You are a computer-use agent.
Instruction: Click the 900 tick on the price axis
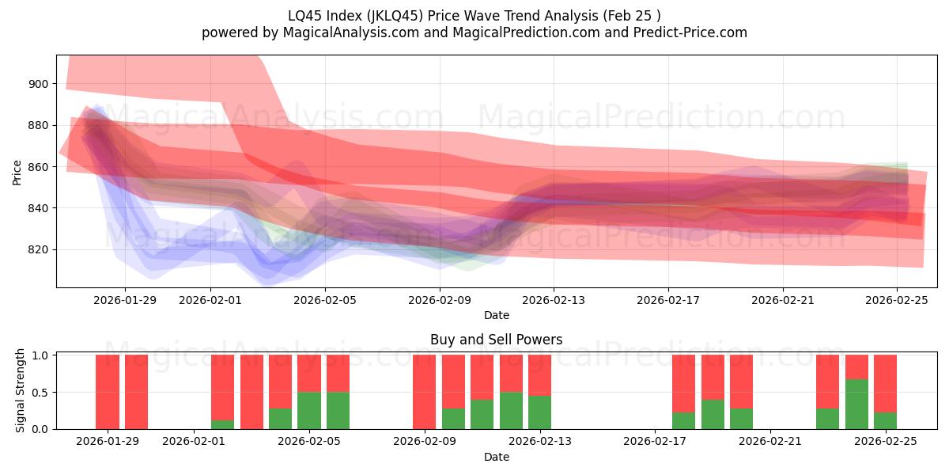coord(39,84)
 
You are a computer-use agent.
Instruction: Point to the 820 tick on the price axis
coord(39,250)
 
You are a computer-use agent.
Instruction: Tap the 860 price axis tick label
coord(39,167)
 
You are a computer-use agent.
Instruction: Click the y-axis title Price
coord(17,171)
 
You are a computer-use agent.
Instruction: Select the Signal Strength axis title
coord(21,390)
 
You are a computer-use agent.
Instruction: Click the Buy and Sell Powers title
coord(496,340)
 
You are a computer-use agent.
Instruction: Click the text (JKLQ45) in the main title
coord(369,15)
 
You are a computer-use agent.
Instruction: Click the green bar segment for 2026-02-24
coord(856,404)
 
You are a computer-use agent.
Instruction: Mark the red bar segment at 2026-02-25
coord(885,383)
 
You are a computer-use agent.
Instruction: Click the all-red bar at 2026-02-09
coord(424,392)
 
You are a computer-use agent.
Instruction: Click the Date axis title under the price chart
coord(496,315)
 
